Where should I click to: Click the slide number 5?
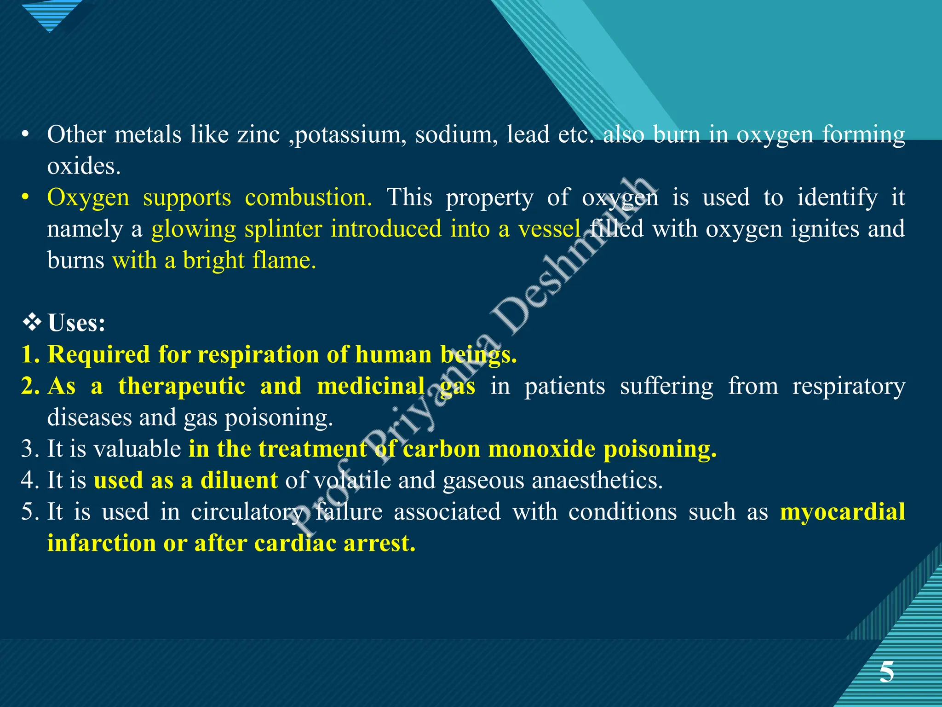(x=886, y=672)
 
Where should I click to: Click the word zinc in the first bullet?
(x=258, y=135)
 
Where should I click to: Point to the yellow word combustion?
(x=308, y=198)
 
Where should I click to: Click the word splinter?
(x=283, y=229)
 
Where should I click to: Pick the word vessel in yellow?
(x=549, y=229)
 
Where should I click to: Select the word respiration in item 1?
(x=258, y=355)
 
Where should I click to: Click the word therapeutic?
(x=182, y=386)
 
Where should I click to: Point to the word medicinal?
(x=371, y=386)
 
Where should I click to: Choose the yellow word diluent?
(x=239, y=481)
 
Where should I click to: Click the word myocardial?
(x=842, y=512)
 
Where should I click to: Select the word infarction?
(x=102, y=543)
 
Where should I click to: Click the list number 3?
(x=29, y=449)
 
